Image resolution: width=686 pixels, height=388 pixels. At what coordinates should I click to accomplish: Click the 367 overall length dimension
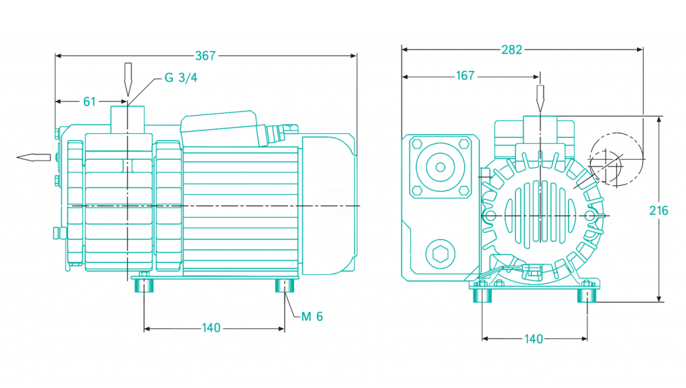tap(206, 56)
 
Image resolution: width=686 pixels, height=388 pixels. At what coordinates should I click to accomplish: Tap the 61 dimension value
tap(89, 102)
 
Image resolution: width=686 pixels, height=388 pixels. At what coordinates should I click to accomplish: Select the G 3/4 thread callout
tap(181, 78)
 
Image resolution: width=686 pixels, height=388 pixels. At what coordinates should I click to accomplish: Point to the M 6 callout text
tap(312, 316)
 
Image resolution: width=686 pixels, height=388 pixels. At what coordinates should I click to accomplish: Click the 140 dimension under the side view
tap(211, 328)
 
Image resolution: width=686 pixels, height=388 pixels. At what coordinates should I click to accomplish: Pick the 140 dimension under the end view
tap(533, 339)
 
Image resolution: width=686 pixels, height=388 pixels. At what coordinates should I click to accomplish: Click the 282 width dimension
tap(512, 49)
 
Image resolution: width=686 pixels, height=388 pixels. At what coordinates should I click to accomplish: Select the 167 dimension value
tap(465, 76)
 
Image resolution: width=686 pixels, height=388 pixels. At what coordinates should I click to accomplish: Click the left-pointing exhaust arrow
tap(33, 157)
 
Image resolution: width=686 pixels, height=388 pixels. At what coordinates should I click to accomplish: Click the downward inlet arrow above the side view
tap(128, 78)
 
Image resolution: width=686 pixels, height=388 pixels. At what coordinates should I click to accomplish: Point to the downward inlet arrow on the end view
tap(540, 99)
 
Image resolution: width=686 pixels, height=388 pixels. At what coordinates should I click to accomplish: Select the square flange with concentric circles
tap(440, 165)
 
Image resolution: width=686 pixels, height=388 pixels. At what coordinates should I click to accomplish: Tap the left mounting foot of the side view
tap(144, 286)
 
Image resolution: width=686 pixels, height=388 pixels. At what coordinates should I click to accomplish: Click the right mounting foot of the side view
tap(284, 286)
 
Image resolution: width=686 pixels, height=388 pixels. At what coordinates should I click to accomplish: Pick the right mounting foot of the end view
tap(587, 293)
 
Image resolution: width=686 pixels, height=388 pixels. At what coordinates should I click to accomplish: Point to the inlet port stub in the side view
tap(127, 118)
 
